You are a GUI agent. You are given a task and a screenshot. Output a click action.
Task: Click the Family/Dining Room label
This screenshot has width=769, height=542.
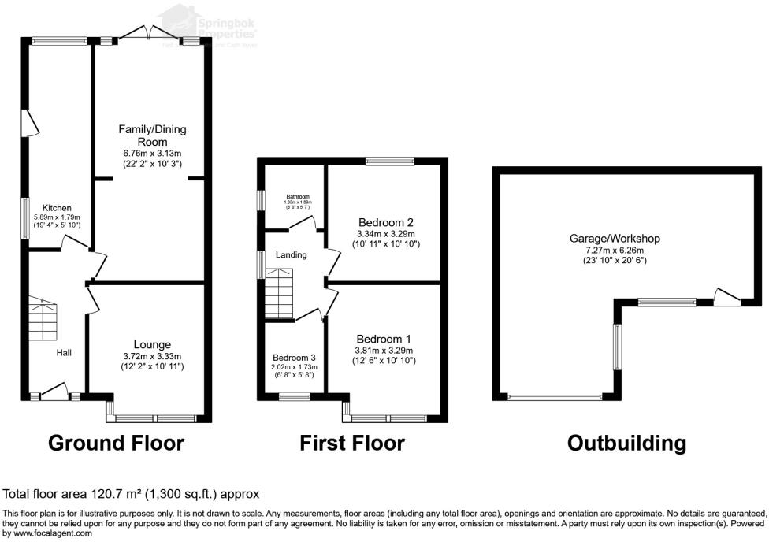pos(153,135)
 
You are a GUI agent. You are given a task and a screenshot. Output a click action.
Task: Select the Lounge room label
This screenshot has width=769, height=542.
pos(153,344)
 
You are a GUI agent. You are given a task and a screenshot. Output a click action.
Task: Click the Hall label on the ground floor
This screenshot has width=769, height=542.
pos(63,352)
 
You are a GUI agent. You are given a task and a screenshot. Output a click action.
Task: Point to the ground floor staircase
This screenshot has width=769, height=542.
pos(43,317)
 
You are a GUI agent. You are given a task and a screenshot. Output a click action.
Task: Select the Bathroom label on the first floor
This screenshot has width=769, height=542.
pos(298,196)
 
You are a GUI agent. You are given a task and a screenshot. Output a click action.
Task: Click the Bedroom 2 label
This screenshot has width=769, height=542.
pos(384,221)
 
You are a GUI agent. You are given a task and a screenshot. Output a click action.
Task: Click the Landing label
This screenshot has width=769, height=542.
pos(291,254)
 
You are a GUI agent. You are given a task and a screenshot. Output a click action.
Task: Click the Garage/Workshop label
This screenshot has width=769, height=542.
pos(615,238)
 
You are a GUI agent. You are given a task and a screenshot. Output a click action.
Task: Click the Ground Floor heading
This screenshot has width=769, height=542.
pos(116,443)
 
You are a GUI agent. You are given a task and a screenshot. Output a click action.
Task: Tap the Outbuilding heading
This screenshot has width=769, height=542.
pos(626,443)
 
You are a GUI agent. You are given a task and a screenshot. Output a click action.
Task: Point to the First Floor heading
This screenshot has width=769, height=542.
pos(352,443)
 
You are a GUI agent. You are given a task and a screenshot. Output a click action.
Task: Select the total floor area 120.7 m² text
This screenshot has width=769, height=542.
pos(131,494)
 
